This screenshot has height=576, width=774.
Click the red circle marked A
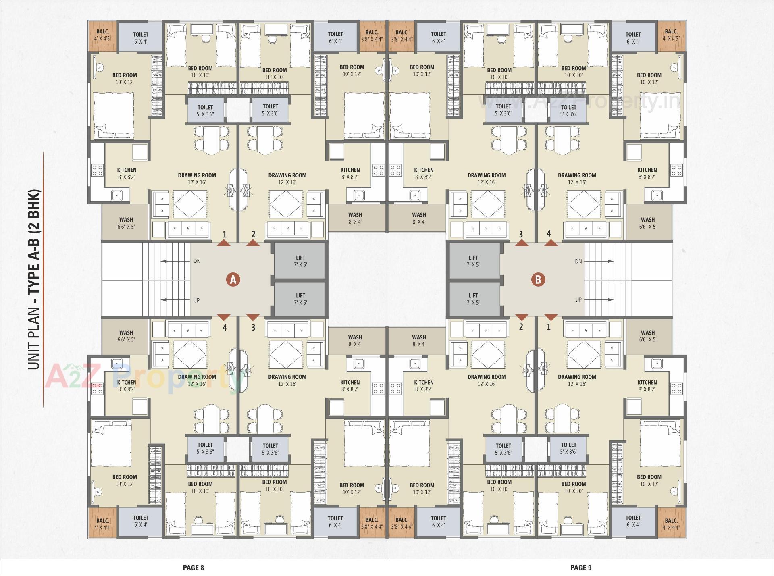click(x=233, y=279)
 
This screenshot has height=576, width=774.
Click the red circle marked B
click(x=538, y=279)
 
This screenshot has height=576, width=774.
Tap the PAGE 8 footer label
click(x=193, y=568)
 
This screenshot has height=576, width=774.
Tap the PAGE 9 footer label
click(x=581, y=568)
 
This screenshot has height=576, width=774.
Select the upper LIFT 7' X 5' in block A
click(x=300, y=261)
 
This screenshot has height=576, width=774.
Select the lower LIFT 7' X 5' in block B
click(x=473, y=299)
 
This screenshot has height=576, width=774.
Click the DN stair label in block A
click(x=197, y=261)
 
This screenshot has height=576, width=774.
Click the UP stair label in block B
click(x=578, y=299)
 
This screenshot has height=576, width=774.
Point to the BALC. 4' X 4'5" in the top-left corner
click(x=103, y=35)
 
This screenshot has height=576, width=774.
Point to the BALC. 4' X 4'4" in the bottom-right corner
click(x=671, y=524)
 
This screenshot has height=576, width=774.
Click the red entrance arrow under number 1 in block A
click(x=224, y=243)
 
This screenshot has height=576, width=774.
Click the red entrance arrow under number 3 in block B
click(x=522, y=243)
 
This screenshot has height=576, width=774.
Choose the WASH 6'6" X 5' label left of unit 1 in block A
click(x=126, y=223)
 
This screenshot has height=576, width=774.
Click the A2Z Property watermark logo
click(x=145, y=377)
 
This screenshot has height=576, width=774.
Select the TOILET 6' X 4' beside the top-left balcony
click(x=141, y=37)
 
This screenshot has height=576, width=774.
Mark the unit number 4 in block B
click(x=548, y=233)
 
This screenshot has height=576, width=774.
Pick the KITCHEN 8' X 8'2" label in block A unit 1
click(x=127, y=173)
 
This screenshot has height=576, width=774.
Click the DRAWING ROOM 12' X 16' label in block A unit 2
click(x=287, y=179)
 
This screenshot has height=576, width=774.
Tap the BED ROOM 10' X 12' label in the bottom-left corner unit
click(x=125, y=480)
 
